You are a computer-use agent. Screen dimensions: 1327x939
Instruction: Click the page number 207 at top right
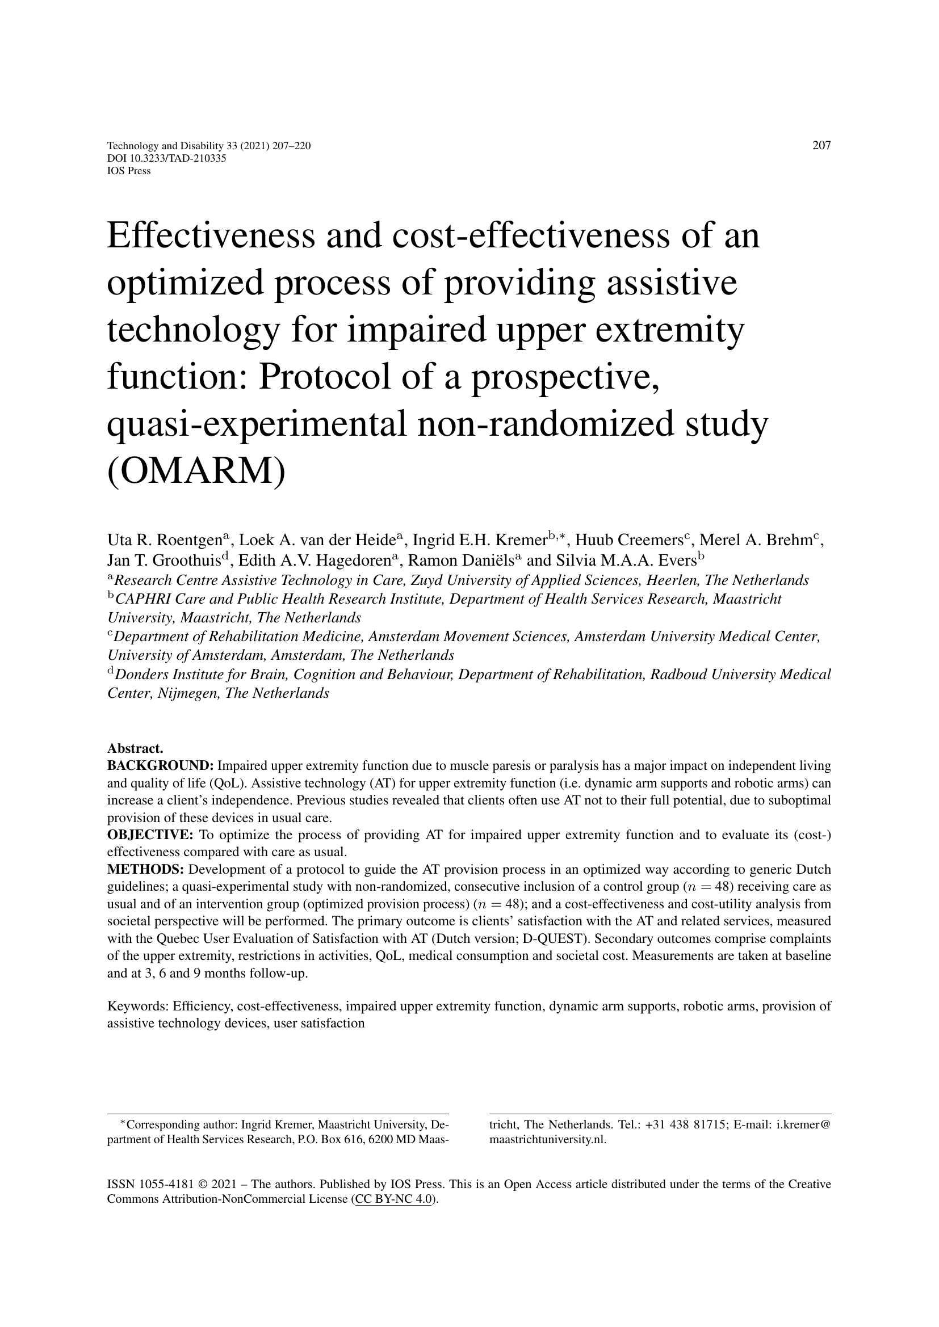(821, 146)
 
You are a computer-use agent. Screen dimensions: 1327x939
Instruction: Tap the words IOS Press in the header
(129, 171)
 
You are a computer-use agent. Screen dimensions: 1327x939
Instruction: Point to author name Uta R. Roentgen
(164, 541)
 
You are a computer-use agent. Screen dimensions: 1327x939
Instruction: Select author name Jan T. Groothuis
(165, 560)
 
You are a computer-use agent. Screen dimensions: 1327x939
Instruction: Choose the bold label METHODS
(146, 870)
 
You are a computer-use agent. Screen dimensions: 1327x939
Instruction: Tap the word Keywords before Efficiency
(137, 1006)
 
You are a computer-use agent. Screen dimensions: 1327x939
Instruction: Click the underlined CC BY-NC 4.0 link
(394, 1199)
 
